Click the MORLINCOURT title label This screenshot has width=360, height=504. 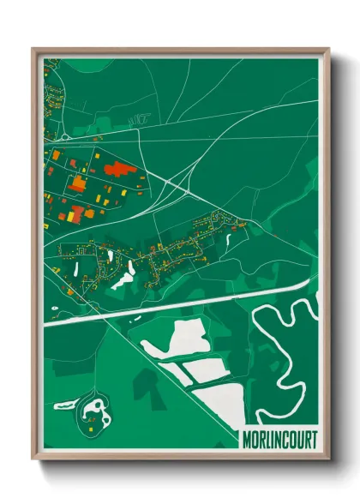point(278,440)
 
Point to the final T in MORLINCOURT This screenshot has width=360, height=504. point(313,440)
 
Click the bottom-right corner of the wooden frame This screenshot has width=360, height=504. point(328,461)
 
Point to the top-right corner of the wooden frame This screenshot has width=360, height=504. point(328,50)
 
